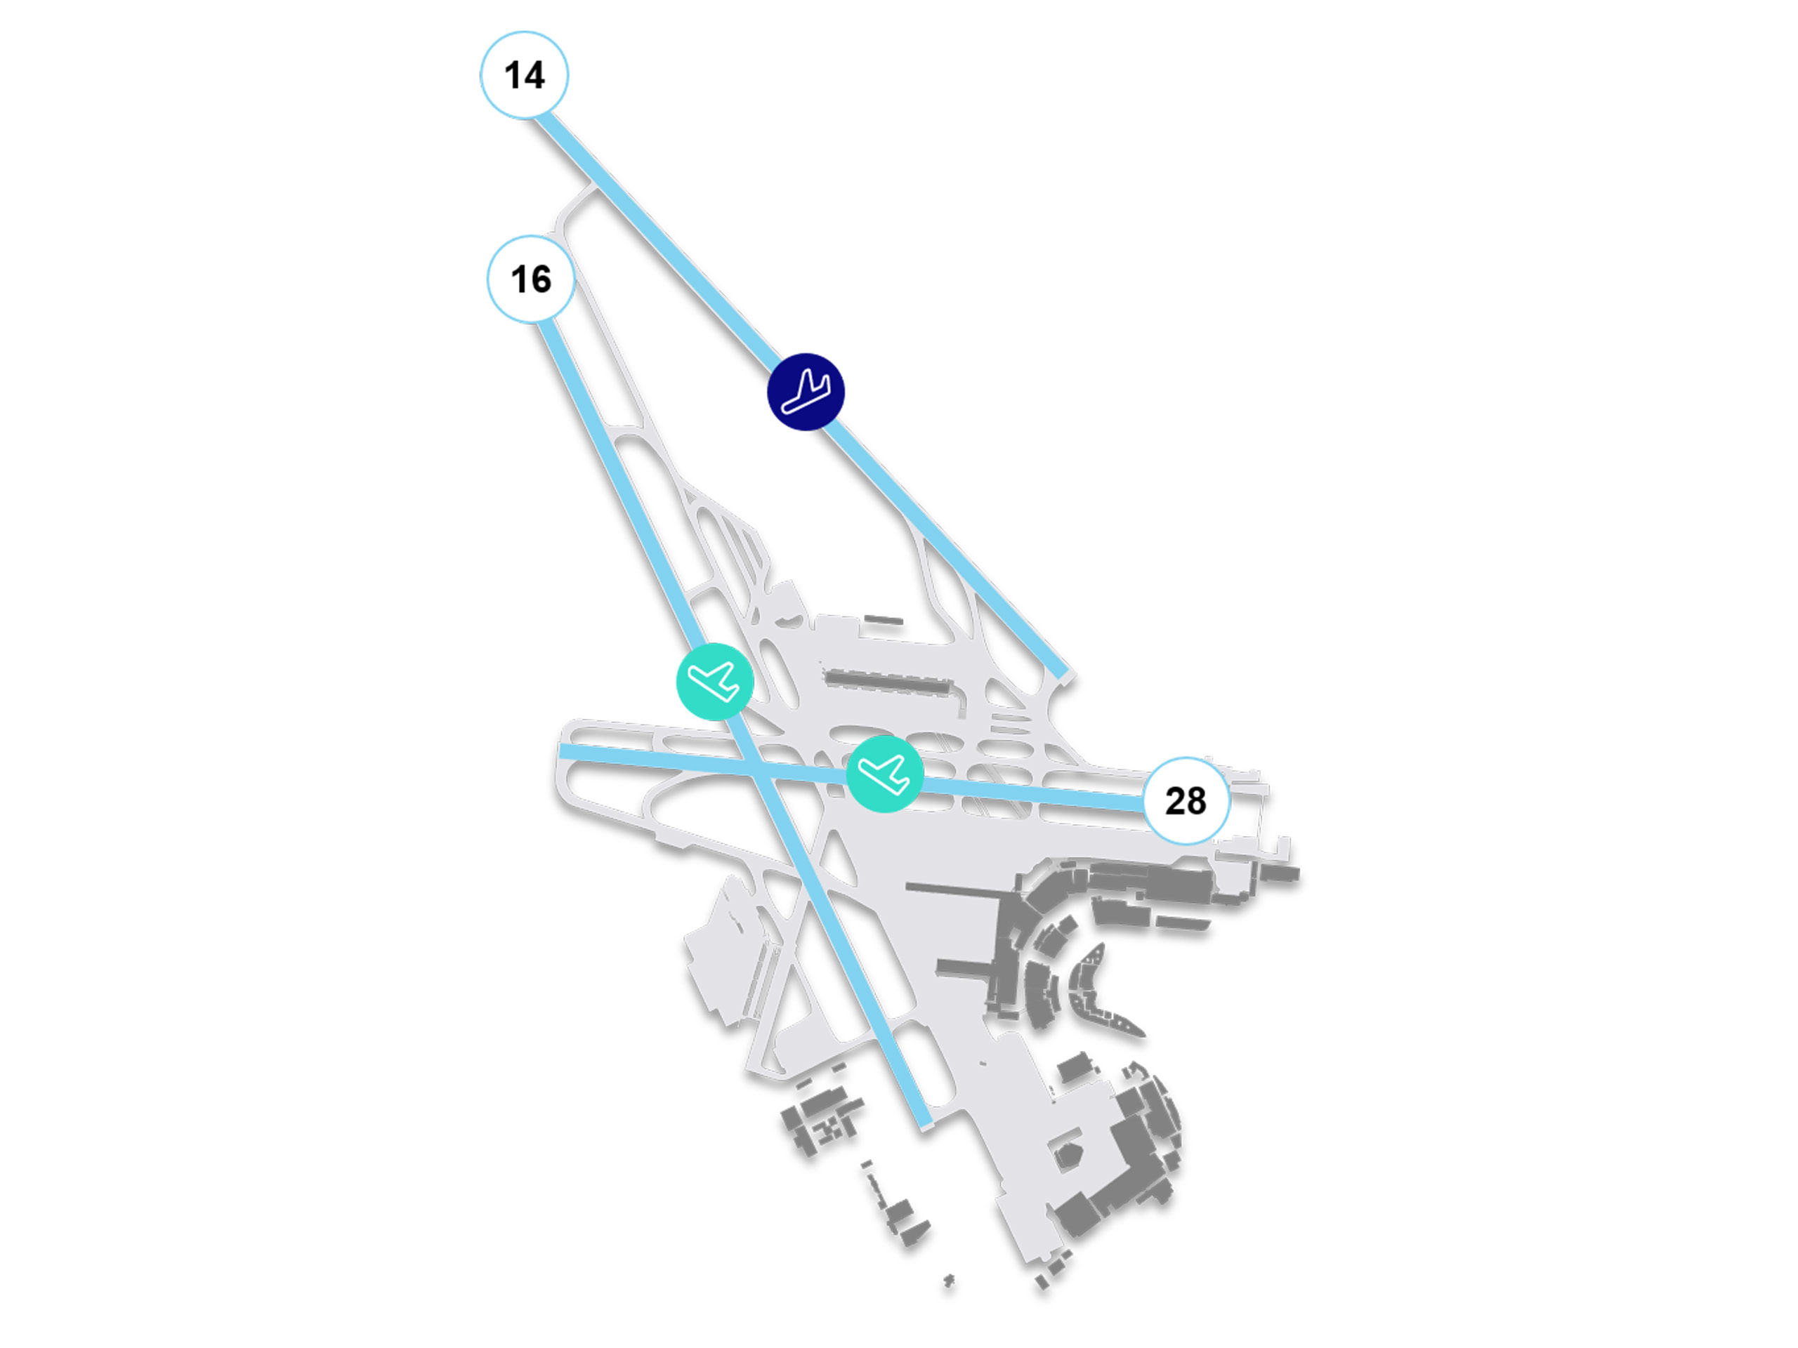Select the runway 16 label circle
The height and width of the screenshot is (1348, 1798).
531,279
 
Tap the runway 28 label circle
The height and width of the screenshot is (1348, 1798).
1186,801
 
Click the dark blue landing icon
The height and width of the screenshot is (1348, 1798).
806,392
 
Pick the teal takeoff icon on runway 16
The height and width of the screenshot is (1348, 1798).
714,681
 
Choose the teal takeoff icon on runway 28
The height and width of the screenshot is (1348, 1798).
884,774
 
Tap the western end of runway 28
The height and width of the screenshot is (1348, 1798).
563,751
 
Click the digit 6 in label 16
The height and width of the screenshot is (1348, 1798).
541,280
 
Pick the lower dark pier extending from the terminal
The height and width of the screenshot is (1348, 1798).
963,969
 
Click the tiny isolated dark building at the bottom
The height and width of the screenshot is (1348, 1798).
949,1281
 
